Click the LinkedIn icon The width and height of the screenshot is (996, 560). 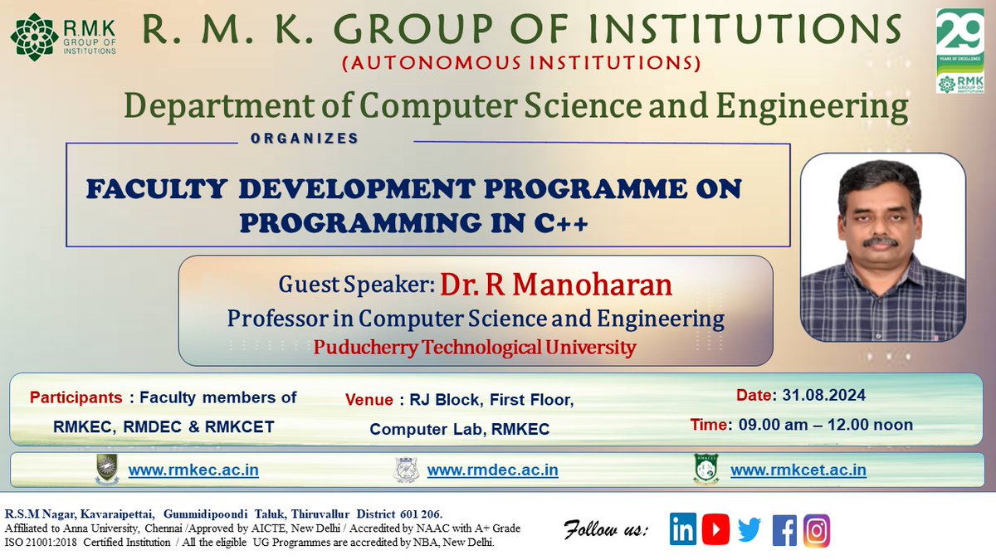[683, 530]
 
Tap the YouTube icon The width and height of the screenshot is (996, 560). [715, 530]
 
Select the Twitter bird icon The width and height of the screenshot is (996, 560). [749, 530]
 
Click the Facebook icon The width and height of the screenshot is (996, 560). [784, 530]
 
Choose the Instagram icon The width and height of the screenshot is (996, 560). [816, 530]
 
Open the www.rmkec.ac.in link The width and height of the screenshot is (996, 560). [193, 470]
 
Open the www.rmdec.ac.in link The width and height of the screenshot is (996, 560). [492, 470]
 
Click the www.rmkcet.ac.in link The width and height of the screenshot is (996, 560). [798, 470]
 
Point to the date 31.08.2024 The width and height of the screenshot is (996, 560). [818, 395]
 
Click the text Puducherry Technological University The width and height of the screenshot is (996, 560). [475, 347]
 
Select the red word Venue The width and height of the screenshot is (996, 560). [369, 400]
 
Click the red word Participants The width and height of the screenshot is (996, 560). [77, 397]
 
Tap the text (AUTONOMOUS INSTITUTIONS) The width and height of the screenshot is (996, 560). [522, 63]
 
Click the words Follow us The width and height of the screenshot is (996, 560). [606, 528]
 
